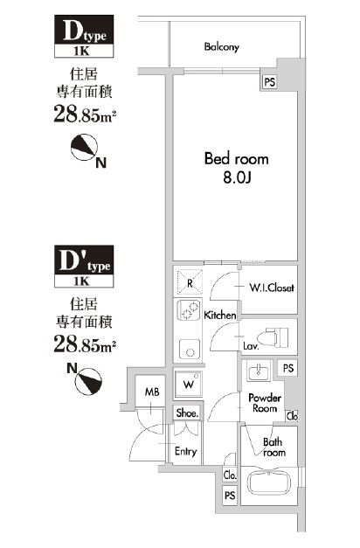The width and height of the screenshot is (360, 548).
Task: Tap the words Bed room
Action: pyautogui.click(x=236, y=159)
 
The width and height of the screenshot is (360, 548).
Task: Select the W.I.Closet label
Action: pyautogui.click(x=272, y=288)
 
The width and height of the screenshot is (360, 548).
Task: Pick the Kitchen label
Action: pyautogui.click(x=220, y=314)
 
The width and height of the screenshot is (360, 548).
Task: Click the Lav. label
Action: pyautogui.click(x=250, y=345)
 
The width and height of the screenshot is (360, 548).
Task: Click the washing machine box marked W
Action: pyautogui.click(x=190, y=384)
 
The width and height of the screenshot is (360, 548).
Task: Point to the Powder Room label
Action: pyautogui.click(x=265, y=403)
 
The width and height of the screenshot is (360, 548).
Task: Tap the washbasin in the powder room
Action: pyautogui.click(x=259, y=375)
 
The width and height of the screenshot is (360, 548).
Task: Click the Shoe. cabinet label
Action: pyautogui.click(x=187, y=413)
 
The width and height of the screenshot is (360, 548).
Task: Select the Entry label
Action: pyautogui.click(x=185, y=452)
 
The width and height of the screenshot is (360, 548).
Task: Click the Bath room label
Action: pyautogui.click(x=274, y=447)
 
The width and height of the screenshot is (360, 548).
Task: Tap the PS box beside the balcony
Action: pyautogui.click(x=268, y=81)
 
